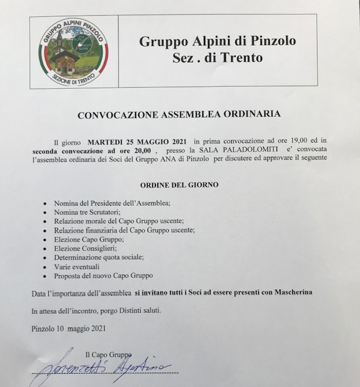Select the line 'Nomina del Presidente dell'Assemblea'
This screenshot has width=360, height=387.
point(113,203)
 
